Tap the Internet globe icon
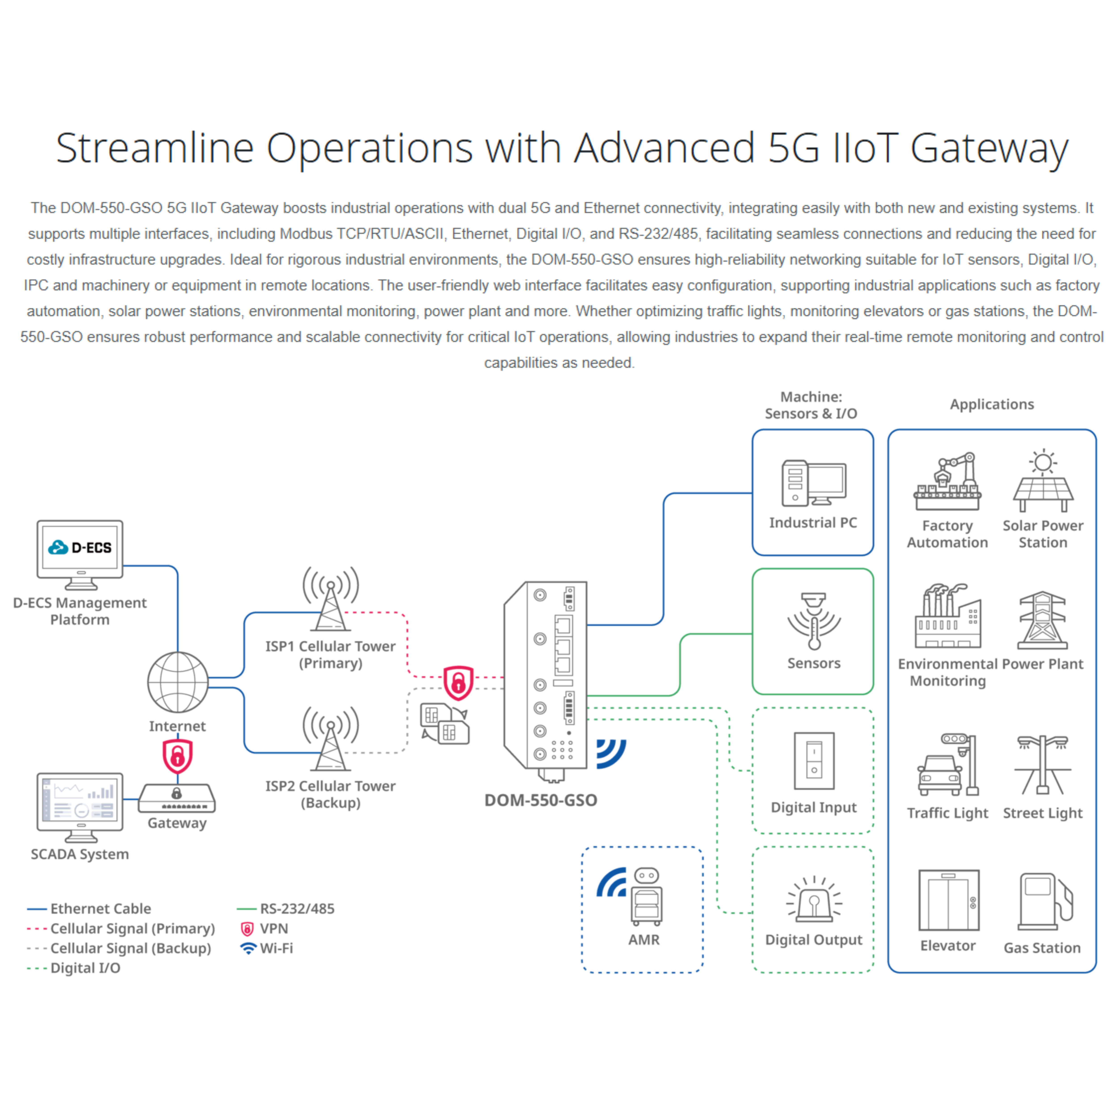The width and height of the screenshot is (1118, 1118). [x=178, y=682]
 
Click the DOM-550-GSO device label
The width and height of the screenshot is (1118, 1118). [x=540, y=800]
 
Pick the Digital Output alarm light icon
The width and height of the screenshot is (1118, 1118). [x=814, y=900]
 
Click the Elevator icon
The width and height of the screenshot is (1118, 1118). [x=949, y=900]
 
